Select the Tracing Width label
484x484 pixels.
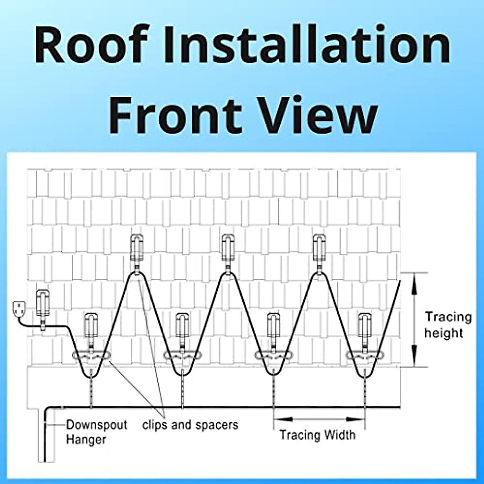click(x=318, y=435)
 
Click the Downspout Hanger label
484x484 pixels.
click(x=96, y=432)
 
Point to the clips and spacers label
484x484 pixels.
click(x=190, y=425)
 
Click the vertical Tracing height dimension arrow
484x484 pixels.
click(x=414, y=320)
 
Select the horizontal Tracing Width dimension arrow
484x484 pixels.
click(x=319, y=419)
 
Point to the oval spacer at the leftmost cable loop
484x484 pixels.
click(x=90, y=356)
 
